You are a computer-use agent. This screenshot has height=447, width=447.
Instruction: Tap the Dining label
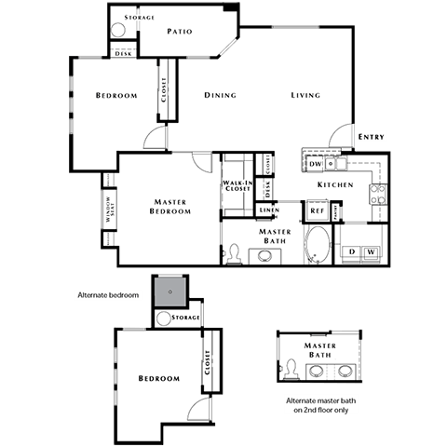[220, 95]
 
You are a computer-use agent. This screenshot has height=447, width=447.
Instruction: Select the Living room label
[305, 95]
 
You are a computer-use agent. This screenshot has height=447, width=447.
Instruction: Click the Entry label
[371, 137]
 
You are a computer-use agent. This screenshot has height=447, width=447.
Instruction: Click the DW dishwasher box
[316, 164]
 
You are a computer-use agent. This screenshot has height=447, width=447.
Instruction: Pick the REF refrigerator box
[317, 211]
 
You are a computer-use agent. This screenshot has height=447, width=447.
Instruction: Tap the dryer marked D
[351, 251]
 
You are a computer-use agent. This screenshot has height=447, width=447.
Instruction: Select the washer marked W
[370, 251]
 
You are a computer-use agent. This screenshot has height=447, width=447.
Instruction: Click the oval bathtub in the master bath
[318, 245]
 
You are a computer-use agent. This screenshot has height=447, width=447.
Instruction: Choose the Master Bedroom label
[170, 206]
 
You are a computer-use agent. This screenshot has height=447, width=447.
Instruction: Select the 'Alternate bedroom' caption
[108, 295]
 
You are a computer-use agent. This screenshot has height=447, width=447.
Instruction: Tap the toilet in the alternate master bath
[291, 371]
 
